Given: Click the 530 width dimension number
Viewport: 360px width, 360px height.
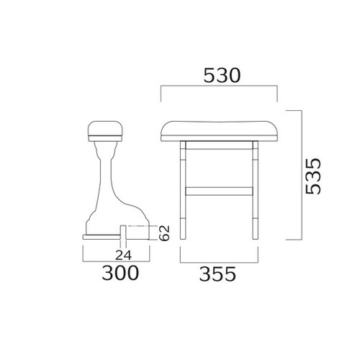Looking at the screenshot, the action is coord(222,76).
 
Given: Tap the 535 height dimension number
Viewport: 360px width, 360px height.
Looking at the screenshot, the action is coord(313,176).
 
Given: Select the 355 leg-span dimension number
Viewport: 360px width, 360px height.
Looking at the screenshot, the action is coord(217,274).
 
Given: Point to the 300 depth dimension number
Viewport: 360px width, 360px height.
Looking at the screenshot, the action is coord(120,273).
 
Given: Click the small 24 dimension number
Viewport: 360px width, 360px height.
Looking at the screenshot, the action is coord(123,255).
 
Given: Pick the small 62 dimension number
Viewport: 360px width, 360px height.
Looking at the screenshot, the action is coord(164,233).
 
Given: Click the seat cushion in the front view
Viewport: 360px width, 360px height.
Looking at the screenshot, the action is coord(219,131).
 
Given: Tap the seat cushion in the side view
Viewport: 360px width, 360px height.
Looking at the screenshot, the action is coord(105,131).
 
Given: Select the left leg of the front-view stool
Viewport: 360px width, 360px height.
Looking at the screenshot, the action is coord(183,190).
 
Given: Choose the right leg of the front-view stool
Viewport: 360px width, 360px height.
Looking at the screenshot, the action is coord(256,190).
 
